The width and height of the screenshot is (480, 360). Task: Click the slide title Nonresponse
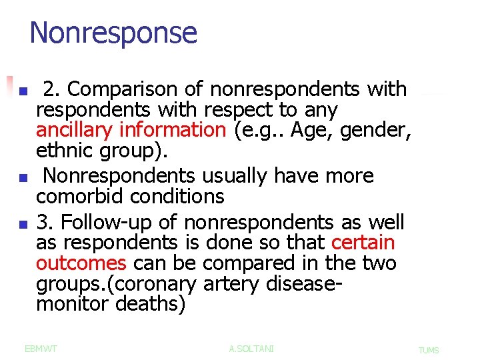pos(113,33)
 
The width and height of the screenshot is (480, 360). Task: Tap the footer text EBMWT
pos(41,349)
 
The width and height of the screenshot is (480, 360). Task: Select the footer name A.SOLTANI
pos(251,349)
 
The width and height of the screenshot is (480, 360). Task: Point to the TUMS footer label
pos(428,350)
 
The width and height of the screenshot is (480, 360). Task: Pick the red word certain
pos(363,243)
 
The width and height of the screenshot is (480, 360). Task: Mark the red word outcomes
pos(80,263)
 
